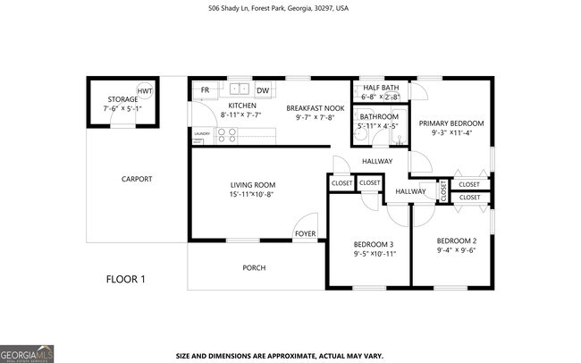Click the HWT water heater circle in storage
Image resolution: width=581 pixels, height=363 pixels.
tap(145, 92)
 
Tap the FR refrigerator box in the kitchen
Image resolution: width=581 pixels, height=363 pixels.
tap(205, 90)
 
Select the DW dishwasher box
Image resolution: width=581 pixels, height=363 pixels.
tap(263, 90)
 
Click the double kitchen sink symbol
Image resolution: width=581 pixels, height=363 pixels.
tap(238, 89)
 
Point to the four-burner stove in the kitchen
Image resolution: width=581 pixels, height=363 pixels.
tap(227, 135)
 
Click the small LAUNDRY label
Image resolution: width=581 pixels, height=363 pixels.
tap(202, 133)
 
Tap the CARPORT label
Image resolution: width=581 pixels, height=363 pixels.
tap(137, 179)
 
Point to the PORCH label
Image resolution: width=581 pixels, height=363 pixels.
tap(254, 267)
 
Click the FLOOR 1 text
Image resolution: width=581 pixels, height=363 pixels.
tap(126, 279)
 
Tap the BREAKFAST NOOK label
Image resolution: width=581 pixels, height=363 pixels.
tap(309, 107)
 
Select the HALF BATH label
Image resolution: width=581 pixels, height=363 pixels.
tap(381, 87)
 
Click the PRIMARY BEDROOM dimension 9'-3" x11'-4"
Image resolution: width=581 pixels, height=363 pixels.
tap(451, 133)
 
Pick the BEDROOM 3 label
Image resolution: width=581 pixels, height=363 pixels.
tap(375, 243)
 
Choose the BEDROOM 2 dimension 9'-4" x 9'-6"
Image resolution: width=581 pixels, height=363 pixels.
tap(457, 251)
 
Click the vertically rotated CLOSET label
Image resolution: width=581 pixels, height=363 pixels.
tap(442, 190)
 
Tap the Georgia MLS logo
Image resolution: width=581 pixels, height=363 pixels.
tap(27, 352)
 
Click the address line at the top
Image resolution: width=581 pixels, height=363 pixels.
tap(290, 10)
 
